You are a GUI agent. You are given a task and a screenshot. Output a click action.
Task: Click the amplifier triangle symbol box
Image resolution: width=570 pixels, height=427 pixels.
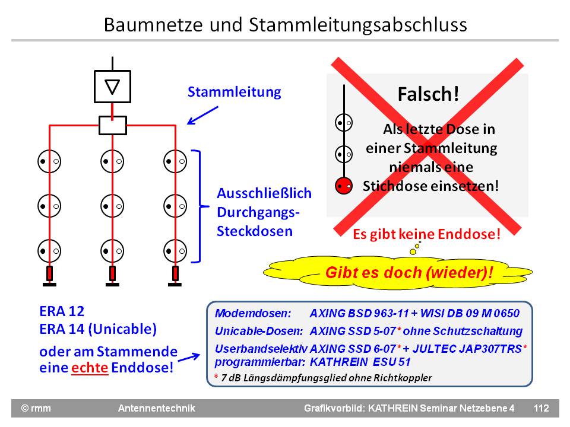click(x=112, y=87)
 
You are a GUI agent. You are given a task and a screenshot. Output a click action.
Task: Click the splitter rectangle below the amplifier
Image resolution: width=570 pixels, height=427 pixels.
click(x=112, y=125)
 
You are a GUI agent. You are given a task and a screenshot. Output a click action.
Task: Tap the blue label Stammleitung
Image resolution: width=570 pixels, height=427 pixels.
click(x=234, y=93)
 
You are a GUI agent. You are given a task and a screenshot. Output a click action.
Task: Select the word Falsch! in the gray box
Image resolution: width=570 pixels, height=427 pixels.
click(x=428, y=94)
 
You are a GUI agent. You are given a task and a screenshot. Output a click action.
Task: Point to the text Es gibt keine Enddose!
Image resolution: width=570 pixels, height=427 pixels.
click(x=426, y=234)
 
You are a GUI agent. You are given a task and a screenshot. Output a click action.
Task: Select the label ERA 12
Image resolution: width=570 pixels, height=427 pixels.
click(x=62, y=311)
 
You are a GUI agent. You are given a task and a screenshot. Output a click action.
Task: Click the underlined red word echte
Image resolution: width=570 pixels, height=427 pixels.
click(x=90, y=367)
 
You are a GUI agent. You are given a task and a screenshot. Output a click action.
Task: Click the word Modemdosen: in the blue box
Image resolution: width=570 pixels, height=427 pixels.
click(x=253, y=313)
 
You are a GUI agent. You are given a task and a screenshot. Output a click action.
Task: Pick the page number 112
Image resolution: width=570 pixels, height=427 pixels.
click(x=541, y=408)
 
